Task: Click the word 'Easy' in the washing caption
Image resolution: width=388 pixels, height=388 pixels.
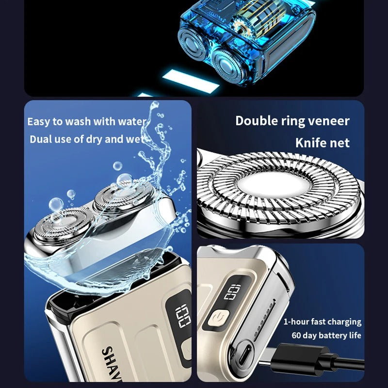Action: pos(39,121)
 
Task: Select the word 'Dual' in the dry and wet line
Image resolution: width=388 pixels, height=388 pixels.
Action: pos(41,139)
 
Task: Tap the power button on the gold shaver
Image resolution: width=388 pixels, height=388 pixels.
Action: pos(216,319)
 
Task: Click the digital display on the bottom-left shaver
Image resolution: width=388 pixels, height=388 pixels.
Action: pos(183,316)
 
